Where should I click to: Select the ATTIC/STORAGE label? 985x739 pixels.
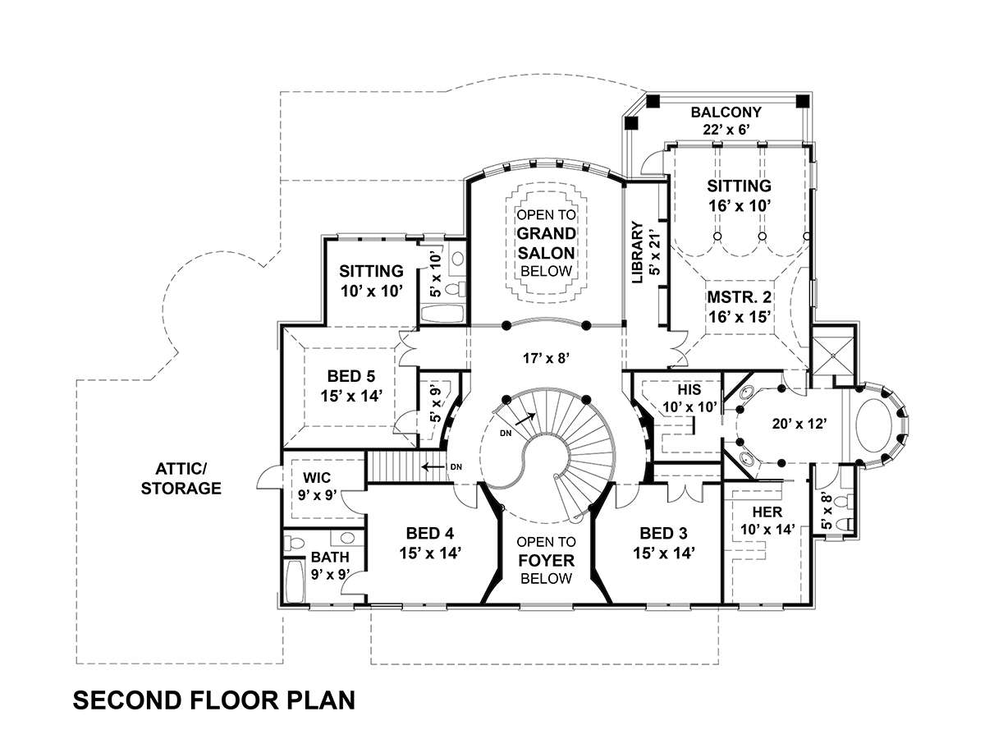181,479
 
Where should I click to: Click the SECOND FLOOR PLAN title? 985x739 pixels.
214,700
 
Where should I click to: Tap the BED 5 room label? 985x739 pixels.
350,376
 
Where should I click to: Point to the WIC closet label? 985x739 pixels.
317,476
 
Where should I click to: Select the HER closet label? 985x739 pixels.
767,512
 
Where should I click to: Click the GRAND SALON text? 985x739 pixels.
545,243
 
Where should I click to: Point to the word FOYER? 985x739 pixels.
545,561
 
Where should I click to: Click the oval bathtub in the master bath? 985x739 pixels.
876,425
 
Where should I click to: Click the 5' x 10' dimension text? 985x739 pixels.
435,276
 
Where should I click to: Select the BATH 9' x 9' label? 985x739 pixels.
329,565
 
